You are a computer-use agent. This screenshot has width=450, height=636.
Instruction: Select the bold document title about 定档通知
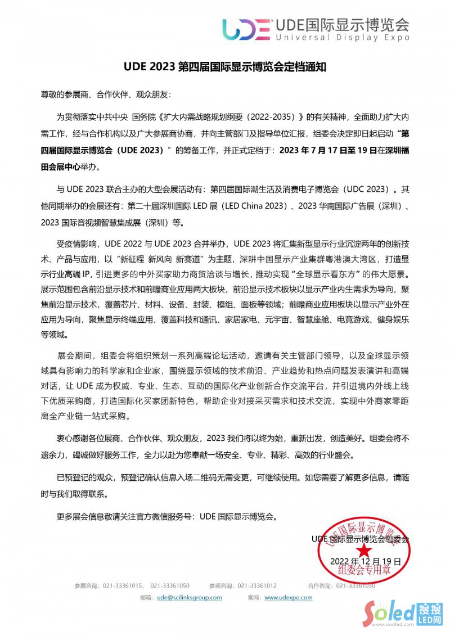[225, 66]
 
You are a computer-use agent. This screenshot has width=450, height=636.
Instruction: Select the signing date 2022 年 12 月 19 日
[365, 561]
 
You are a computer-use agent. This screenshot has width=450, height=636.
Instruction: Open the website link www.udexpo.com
[288, 598]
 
